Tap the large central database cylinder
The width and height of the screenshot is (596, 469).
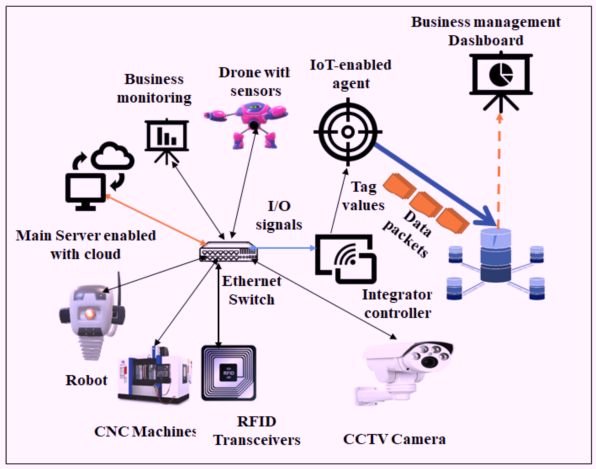coord(496,255)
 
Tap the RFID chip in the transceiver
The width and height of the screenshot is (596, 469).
coord(229,373)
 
